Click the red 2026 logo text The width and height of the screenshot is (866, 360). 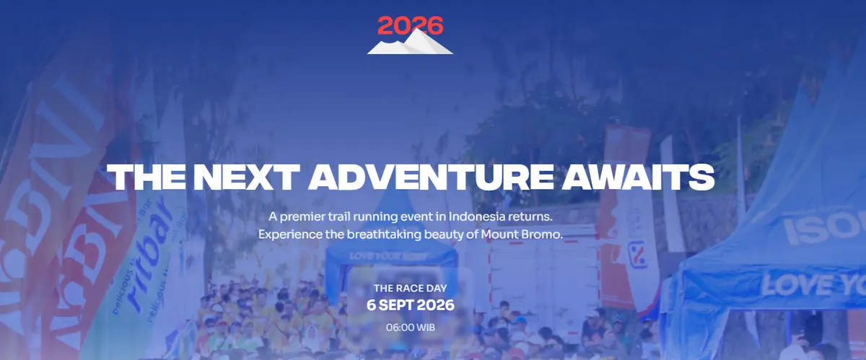coord(410,26)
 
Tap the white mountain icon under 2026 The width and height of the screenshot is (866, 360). coord(410,45)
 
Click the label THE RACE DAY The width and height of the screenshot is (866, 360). coord(410,288)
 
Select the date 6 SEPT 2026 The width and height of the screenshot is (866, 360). coord(410,305)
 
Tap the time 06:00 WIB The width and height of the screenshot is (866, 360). coord(410,327)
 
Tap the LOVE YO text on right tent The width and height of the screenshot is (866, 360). coord(812,284)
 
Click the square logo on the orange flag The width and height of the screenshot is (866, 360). coord(636,253)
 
